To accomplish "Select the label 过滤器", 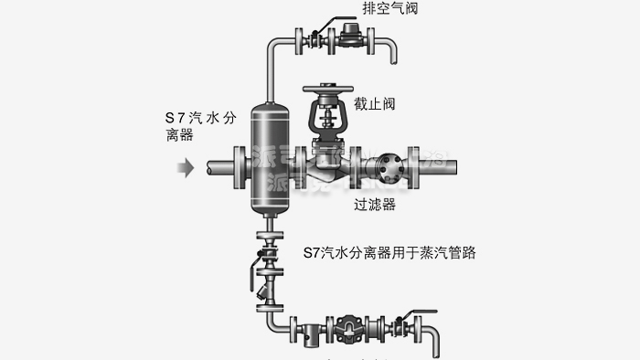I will click(375, 206).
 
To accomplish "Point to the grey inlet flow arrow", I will click(186, 168).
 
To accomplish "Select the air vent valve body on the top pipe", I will click(349, 37).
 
